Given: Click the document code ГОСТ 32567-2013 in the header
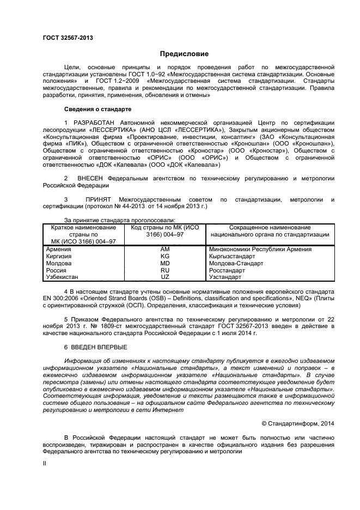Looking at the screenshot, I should pos(68,38).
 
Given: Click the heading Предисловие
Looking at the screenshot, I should pos(180,53).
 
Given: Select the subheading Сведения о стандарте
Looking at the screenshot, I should pos(97,109).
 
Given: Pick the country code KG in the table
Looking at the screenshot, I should pos(165,256).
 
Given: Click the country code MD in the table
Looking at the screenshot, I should pos(165,263).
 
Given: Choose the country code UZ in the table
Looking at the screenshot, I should pos(165,277).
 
